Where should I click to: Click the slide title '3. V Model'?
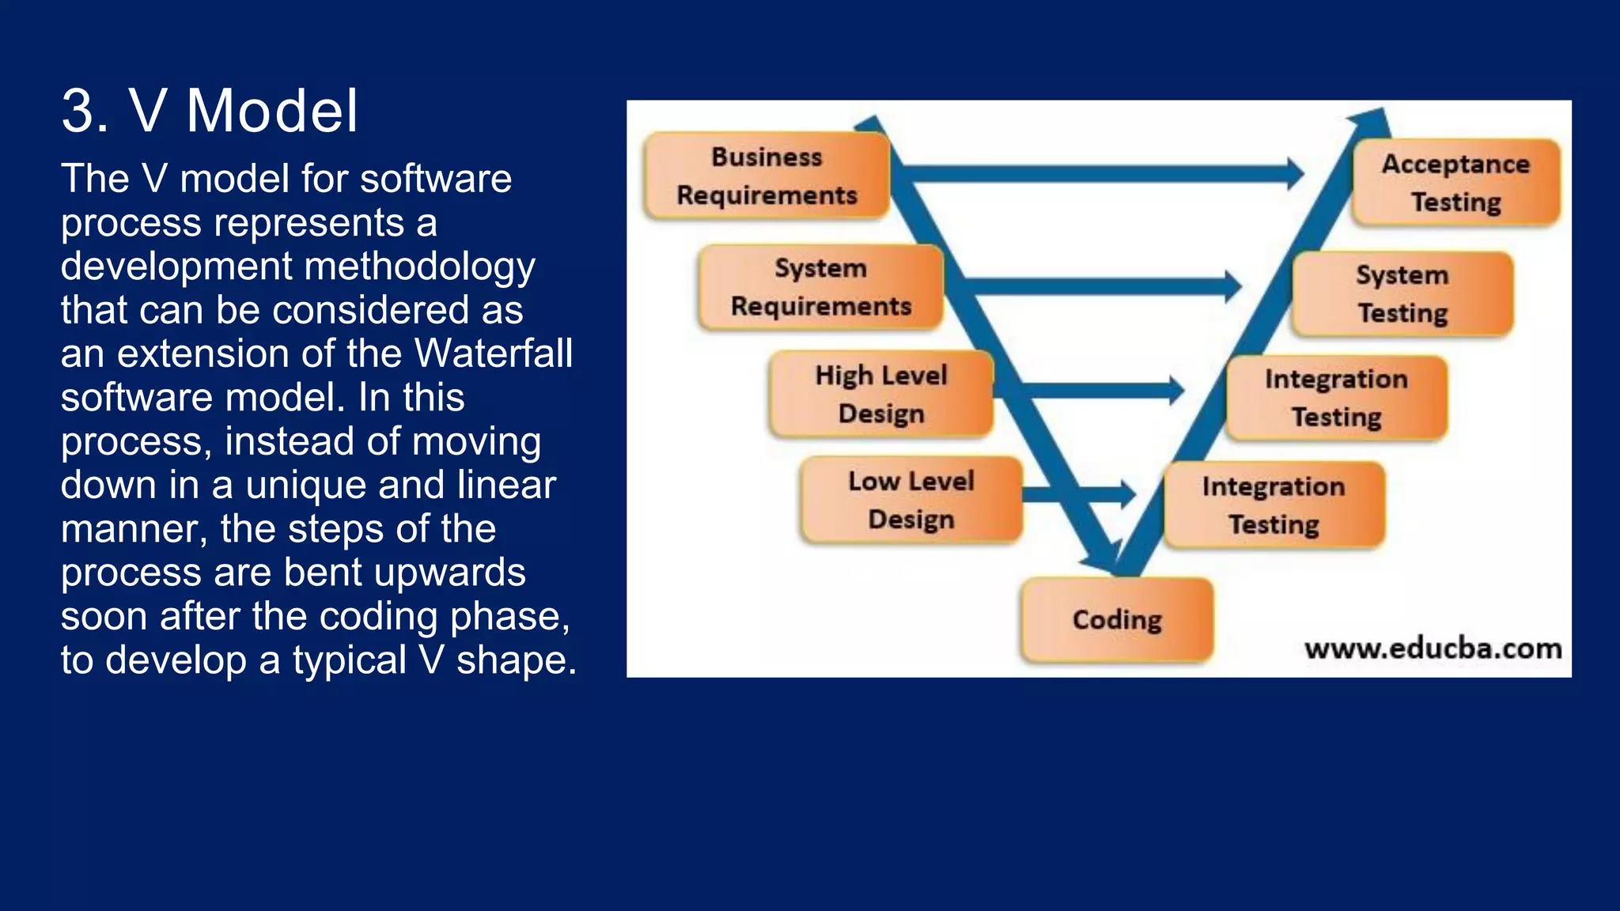tap(210, 111)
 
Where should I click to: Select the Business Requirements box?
tap(766, 176)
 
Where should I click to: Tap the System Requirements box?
tap(820, 287)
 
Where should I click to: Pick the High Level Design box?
tap(880, 394)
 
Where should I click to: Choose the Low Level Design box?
tap(910, 500)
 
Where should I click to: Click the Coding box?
tap(1116, 619)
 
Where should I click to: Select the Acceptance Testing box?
tap(1455, 183)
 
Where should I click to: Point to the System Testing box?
tap(1402, 293)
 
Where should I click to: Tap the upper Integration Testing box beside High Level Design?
tap(1336, 398)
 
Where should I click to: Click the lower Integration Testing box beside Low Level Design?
tap(1274, 505)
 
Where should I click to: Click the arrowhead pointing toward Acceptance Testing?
tap(1294, 173)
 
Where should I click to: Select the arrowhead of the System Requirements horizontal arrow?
tap(1232, 285)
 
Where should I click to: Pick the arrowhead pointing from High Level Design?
tap(1175, 390)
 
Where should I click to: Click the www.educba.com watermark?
tap(1433, 649)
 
